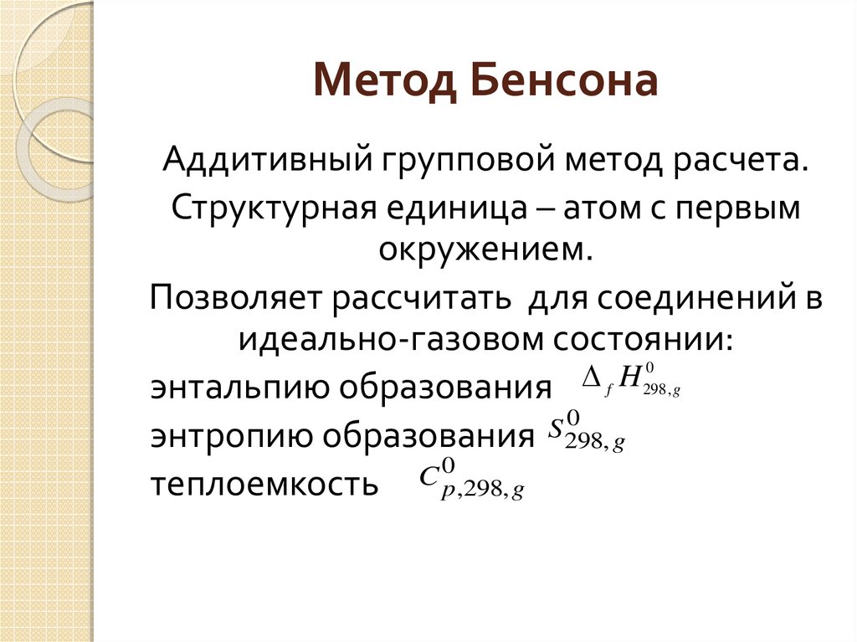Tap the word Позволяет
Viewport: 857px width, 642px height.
click(x=237, y=297)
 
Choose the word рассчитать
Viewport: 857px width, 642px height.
click(x=422, y=297)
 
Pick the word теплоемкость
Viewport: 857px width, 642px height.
click(x=263, y=485)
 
